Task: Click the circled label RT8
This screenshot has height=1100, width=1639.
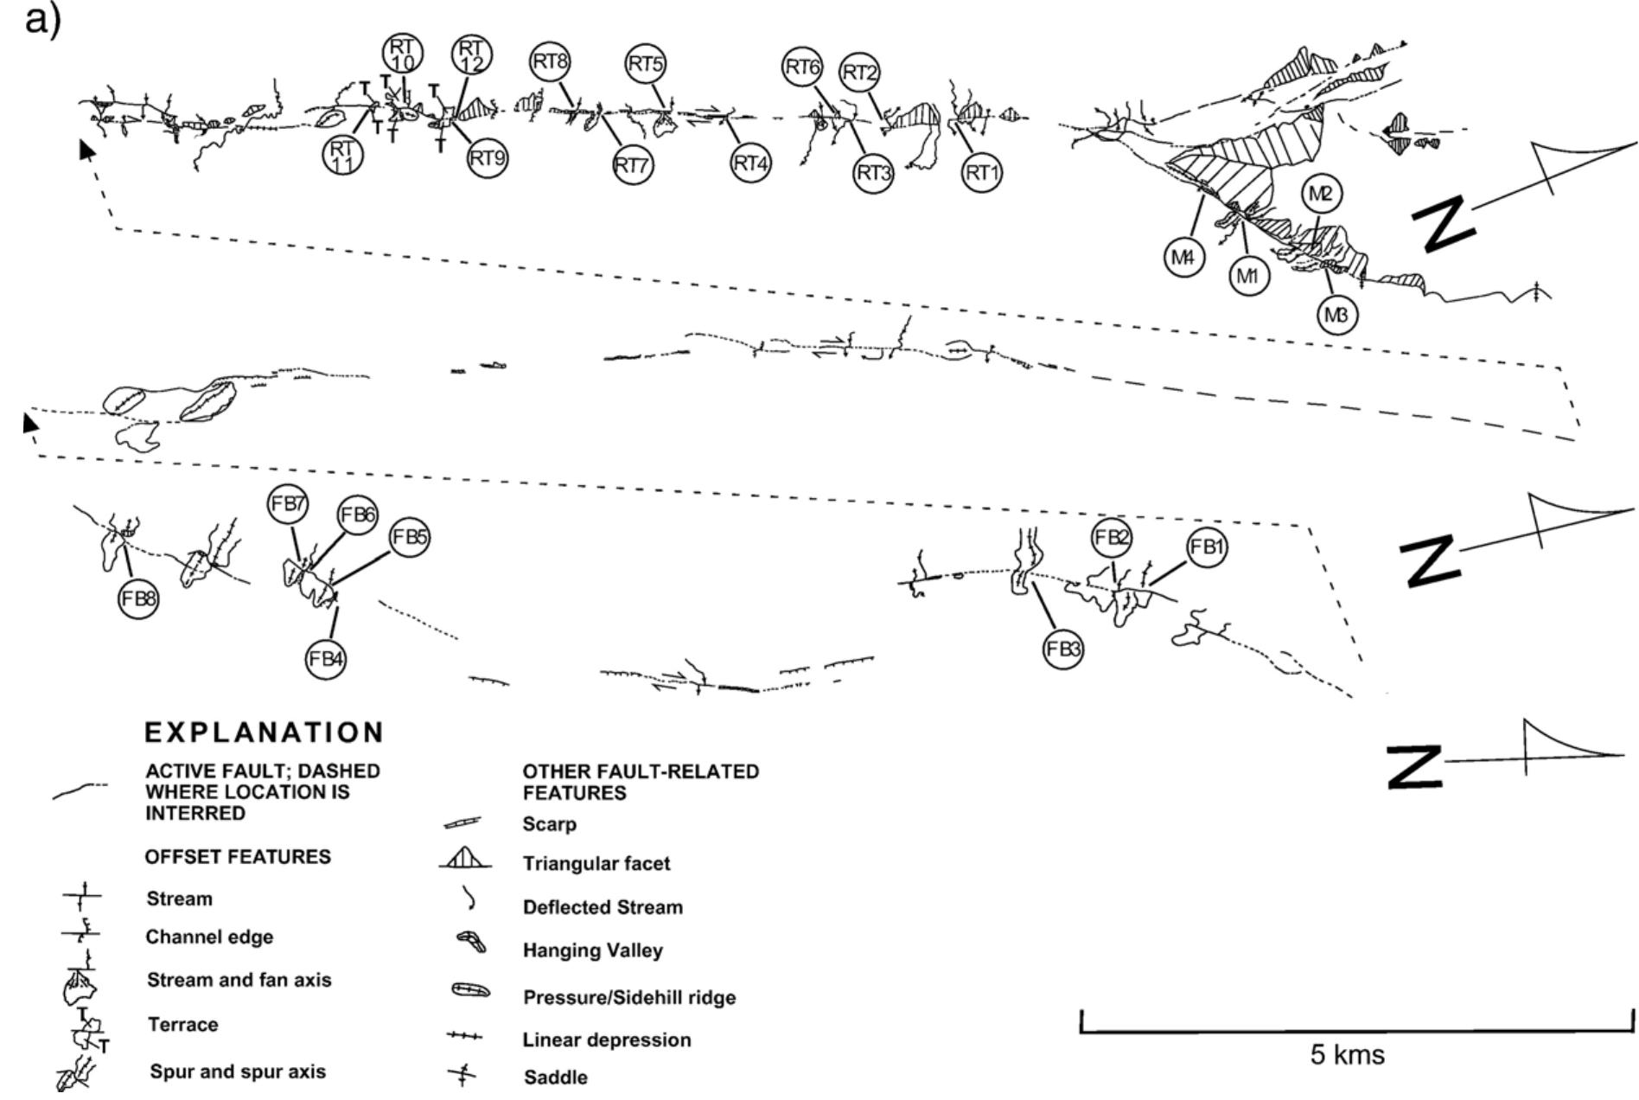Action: pos(550,62)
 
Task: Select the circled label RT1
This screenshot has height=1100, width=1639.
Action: pos(982,173)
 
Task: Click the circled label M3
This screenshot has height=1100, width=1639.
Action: pos(1336,316)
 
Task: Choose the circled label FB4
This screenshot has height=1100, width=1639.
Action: pos(327,659)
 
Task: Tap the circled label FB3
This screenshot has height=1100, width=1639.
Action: pos(1063,649)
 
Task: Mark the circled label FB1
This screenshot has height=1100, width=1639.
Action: pos(1207,547)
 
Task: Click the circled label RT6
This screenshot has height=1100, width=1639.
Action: pos(803,67)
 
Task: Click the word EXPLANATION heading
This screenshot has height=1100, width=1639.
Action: pos(264,732)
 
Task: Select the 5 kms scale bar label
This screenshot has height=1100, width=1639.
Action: pos(1348,1055)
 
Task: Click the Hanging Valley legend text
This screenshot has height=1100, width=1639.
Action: pos(592,950)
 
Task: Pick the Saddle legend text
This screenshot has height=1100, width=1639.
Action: pos(555,1078)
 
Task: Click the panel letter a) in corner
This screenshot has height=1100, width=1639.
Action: pos(43,19)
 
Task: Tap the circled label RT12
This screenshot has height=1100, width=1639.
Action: pos(471,54)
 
